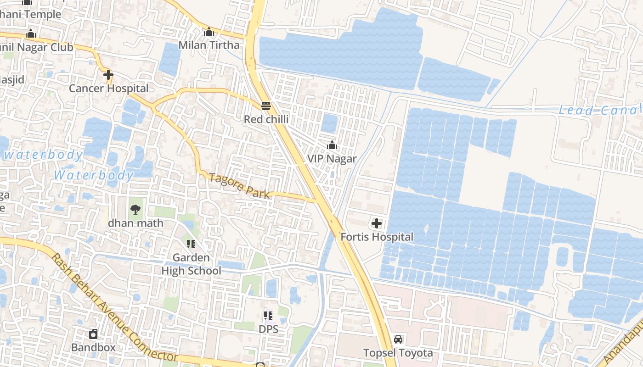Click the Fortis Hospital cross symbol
pos(377,224)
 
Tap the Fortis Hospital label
pos(377,237)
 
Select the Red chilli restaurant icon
pos(265,106)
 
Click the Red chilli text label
pos(266,119)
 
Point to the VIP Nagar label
pos(332,159)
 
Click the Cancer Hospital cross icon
pos(108,75)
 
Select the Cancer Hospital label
pos(108,88)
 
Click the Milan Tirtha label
pos(209,45)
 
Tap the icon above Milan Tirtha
pos(209,32)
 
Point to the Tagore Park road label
pos(239,185)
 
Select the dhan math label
pos(135,223)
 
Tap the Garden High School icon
pos(191,244)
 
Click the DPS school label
pos(268,329)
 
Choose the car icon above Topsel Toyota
pos(398,339)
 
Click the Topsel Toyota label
pos(398,353)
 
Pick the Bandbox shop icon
pos(93,334)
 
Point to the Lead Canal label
pos(599,110)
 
